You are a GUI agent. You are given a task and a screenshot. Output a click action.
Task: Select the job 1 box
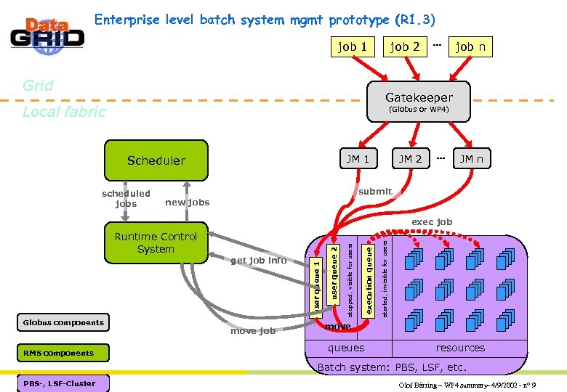click(353, 46)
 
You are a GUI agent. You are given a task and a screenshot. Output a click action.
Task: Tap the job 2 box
click(405, 46)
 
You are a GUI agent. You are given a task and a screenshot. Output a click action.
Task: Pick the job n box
click(470, 46)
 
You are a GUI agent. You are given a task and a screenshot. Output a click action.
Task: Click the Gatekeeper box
click(419, 101)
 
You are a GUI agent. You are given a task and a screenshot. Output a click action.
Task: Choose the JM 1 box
click(358, 159)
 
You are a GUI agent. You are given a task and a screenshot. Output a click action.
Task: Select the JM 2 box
click(410, 159)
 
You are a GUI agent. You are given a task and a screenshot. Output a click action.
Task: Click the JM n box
click(470, 159)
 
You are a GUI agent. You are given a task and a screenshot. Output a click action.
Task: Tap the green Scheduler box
click(156, 160)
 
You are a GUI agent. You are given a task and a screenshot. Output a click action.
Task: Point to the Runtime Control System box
click(156, 243)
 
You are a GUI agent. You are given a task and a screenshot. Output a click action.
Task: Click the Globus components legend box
click(63, 322)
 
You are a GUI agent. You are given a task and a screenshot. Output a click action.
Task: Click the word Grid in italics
click(38, 85)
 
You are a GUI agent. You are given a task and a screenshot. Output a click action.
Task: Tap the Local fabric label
click(64, 111)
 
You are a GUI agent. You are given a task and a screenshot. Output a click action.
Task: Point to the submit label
click(375, 192)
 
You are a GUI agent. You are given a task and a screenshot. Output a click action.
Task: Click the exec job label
click(432, 221)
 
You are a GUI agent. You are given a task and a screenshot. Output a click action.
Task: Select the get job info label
click(258, 260)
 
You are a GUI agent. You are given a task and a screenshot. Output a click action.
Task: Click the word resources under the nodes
click(460, 348)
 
